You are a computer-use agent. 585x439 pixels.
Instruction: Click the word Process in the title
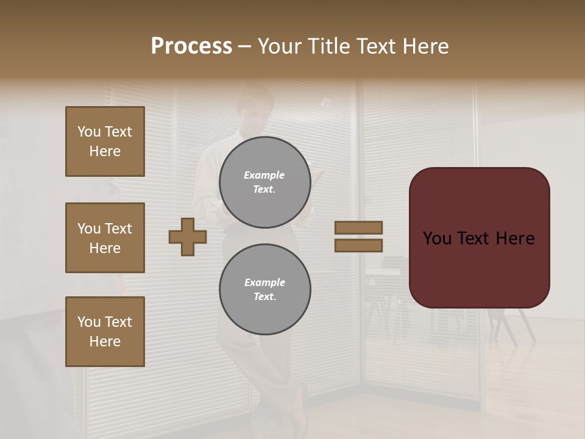pos(191,46)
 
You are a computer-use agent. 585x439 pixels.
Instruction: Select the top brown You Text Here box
pos(105,141)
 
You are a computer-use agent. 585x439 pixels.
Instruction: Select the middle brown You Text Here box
pos(105,238)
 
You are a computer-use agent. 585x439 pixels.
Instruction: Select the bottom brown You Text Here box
pos(105,332)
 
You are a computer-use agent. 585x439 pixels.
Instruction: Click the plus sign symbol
pos(188,237)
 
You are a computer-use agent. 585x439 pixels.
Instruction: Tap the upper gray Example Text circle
pos(264,182)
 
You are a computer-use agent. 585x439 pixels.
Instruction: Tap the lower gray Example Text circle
pos(264,290)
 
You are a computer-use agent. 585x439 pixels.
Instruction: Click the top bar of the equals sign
pos(358,227)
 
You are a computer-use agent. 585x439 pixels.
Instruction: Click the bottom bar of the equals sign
pos(358,245)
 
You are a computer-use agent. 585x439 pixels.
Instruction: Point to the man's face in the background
pos(255,116)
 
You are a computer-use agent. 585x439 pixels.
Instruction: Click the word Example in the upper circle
pos(264,175)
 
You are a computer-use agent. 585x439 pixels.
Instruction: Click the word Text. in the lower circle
pos(264,297)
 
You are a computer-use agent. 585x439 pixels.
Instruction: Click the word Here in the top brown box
pos(105,151)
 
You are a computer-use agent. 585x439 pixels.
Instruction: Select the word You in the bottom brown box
pos(89,322)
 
